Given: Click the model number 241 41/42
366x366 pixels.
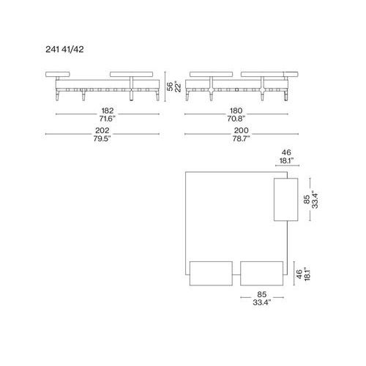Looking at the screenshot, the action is point(64,50).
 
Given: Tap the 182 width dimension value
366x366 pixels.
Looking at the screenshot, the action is point(108,111).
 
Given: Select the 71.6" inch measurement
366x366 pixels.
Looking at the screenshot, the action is point(107,119).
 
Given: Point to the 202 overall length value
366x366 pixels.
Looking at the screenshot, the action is point(102,130).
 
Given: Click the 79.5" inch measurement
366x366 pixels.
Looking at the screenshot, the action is point(102,138).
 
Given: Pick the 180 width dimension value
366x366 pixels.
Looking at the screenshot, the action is point(236,111).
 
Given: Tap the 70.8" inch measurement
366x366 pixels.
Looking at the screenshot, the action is point(236,119).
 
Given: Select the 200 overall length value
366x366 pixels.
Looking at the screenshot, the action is point(241,130).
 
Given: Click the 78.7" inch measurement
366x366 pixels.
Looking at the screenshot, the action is point(241,138).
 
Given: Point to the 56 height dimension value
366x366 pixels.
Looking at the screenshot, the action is point(170,86).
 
